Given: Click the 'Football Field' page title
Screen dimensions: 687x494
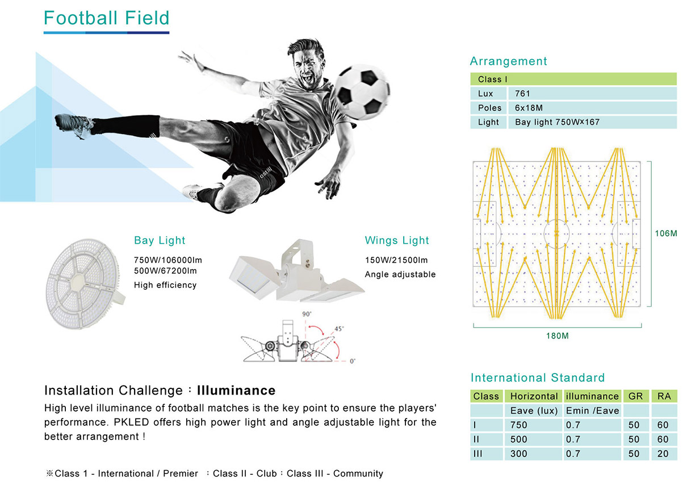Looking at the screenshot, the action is pyautogui.click(x=106, y=18).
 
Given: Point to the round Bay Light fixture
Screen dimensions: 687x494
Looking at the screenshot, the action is pyautogui.click(x=85, y=284).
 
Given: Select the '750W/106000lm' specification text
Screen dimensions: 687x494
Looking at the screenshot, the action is pyautogui.click(x=168, y=260).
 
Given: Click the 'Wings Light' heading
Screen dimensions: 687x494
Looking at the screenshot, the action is pyautogui.click(x=397, y=240).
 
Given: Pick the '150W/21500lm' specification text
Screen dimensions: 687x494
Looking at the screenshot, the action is pyautogui.click(x=396, y=260).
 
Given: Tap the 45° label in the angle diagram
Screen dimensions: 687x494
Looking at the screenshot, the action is pyautogui.click(x=339, y=329).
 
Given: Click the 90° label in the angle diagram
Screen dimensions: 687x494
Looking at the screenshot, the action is pyautogui.click(x=307, y=314).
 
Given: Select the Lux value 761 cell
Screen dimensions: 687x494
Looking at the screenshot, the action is pyautogui.click(x=592, y=93).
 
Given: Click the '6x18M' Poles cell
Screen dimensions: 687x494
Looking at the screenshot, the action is pyautogui.click(x=592, y=108).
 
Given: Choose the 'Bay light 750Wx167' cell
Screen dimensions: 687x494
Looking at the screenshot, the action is pyautogui.click(x=592, y=122).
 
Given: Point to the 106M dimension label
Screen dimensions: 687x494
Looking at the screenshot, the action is pyautogui.click(x=666, y=233).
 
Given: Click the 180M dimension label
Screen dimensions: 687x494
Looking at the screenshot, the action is pyautogui.click(x=558, y=336).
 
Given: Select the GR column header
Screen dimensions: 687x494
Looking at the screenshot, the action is pyautogui.click(x=636, y=396).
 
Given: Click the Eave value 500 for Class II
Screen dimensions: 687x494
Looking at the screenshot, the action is pyautogui.click(x=518, y=439).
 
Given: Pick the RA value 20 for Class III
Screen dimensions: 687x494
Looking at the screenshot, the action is pyautogui.click(x=663, y=454).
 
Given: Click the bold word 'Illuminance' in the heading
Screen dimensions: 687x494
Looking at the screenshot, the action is pyautogui.click(x=236, y=390).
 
